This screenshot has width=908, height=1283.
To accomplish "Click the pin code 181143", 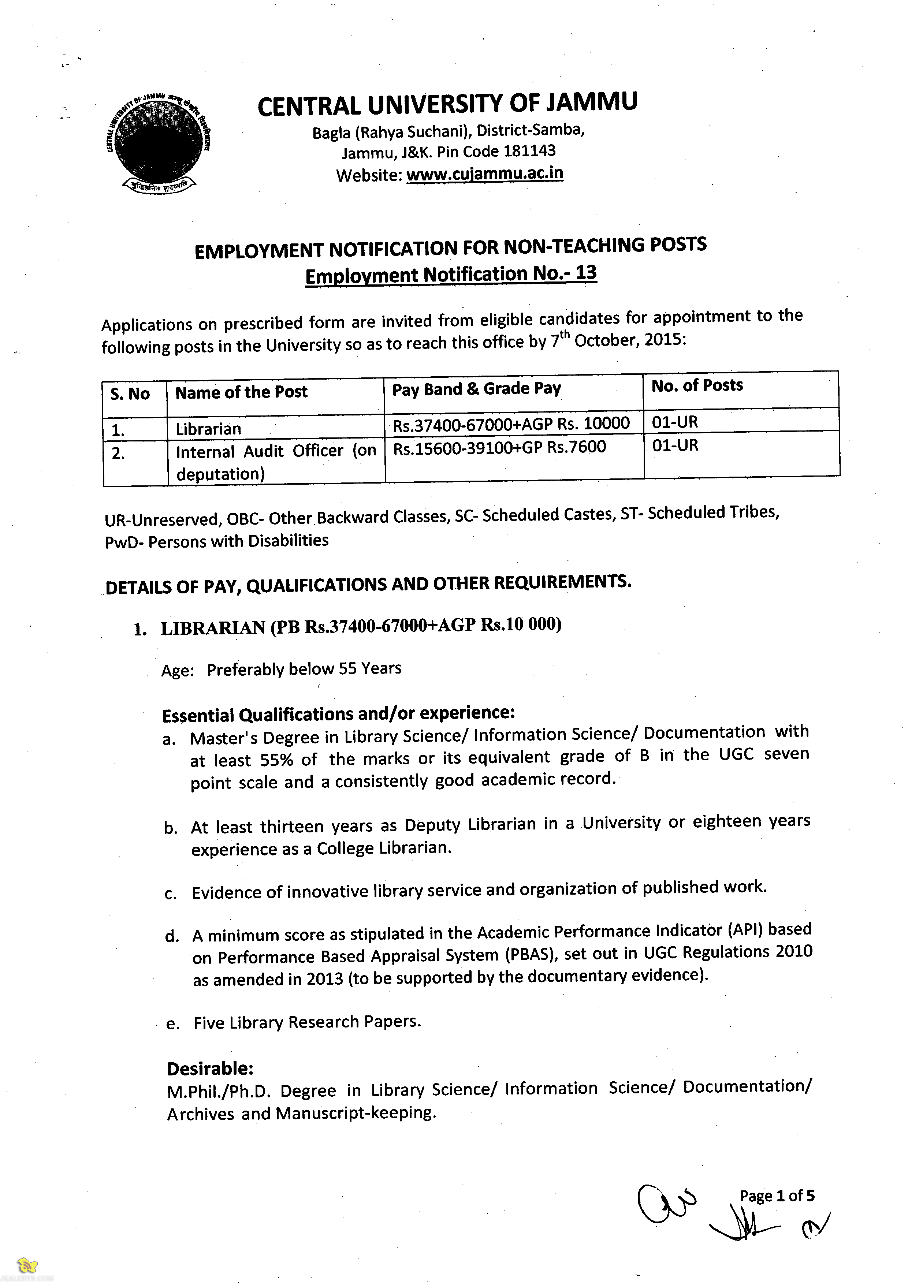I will click(529, 151).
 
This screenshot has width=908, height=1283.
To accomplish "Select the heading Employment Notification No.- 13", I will click(451, 275).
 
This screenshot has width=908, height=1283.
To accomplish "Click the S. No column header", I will click(130, 394).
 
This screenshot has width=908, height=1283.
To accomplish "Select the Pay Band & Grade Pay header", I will click(476, 388).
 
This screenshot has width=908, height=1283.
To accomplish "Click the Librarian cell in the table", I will click(209, 429).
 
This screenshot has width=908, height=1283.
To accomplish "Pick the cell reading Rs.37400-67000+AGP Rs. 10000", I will click(511, 424).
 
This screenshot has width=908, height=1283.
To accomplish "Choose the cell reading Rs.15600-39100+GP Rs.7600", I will click(499, 448).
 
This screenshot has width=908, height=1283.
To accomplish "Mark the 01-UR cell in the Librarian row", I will click(675, 422).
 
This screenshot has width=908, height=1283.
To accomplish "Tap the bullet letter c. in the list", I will click(171, 894).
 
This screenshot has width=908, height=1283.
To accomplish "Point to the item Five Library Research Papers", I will click(307, 1022).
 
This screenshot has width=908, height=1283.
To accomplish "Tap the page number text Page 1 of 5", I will click(777, 1196).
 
